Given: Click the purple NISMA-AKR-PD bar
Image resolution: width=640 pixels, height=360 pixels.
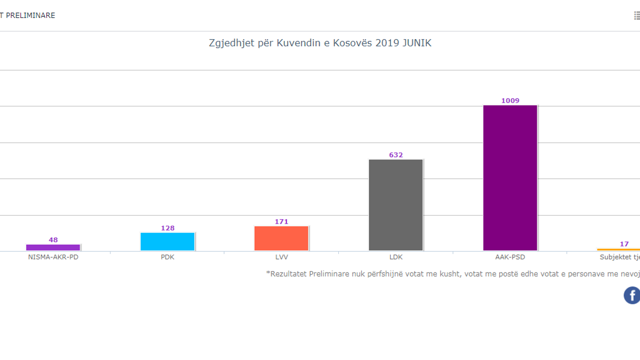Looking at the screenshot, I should tap(53, 247).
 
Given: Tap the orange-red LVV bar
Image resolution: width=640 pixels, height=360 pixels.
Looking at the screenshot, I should tap(281, 238).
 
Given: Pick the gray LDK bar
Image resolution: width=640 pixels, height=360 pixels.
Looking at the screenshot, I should tap(396, 205).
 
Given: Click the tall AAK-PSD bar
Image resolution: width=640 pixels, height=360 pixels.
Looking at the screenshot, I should tap(510, 178).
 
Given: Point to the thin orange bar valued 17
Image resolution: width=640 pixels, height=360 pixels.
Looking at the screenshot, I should tap(619, 249).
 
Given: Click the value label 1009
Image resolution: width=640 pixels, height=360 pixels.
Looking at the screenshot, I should tap(510, 101).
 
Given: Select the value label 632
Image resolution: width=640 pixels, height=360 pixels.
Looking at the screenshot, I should tap(396, 155).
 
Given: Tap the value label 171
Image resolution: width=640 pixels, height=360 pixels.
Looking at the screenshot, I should tap(281, 222).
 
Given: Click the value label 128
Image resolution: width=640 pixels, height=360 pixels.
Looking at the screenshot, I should tap(168, 228).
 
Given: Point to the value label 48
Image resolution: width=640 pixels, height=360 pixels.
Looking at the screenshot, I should tap(53, 240).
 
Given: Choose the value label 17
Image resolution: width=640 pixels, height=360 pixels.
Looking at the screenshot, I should tap(624, 244).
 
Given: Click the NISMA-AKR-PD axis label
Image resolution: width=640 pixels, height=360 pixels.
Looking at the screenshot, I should tap(53, 257).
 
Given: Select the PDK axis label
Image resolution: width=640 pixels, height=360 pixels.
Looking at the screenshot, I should tap(168, 257).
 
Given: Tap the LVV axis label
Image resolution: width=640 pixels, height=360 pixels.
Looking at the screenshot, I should tap(281, 257).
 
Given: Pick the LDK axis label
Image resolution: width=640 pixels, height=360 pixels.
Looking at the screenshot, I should tap(396, 257).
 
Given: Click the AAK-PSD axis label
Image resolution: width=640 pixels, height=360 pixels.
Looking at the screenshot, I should tap(510, 257).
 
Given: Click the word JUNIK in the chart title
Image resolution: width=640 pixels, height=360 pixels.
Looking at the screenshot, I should tap(417, 43).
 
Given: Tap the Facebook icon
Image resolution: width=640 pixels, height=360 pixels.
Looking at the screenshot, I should tap(632, 295).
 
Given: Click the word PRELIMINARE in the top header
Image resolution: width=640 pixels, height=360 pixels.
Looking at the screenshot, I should tap(30, 15).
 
